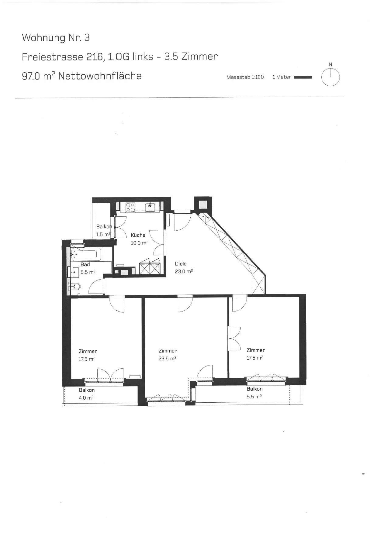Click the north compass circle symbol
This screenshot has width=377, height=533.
coord(330,77)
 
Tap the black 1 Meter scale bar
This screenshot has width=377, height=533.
coord(303,77)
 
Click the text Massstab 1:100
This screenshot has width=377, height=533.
coord(245,77)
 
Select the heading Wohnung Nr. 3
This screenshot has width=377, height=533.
coord(56,38)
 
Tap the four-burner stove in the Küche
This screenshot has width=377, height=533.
coord(130,207)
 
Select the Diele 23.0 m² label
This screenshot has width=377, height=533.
coord(184,268)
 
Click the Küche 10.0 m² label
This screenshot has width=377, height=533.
coord(139,239)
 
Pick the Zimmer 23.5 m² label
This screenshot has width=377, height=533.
coord(168,355)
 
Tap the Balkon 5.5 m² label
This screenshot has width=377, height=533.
coord(254,393)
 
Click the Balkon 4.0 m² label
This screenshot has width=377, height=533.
coord(87,394)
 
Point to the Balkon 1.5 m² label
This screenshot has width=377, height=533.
coord(104,230)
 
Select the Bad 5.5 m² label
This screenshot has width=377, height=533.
coord(88,268)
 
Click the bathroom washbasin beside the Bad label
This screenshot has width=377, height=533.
coord(75,272)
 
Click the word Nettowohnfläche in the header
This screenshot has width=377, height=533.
coord(100,76)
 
